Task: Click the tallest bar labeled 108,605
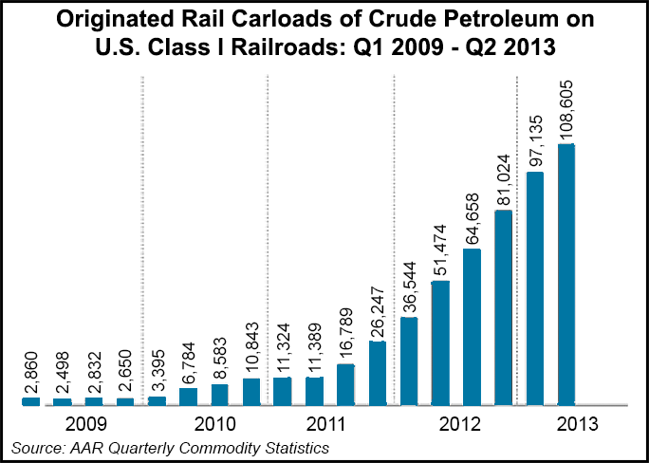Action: pos(566,275)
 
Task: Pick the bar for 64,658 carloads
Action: pos(472,327)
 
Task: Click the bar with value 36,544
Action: pos(409,361)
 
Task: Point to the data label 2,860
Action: pos(30,373)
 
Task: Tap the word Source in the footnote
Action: pos(35,447)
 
